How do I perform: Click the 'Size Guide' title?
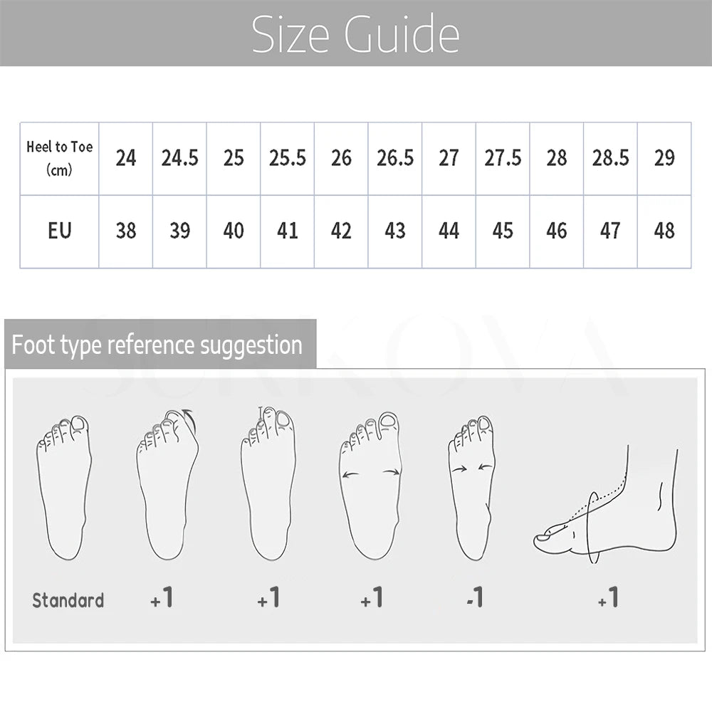pyautogui.click(x=355, y=34)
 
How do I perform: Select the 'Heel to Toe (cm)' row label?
pyautogui.click(x=60, y=158)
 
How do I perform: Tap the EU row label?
pyautogui.click(x=60, y=230)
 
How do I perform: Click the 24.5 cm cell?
pyautogui.click(x=180, y=158)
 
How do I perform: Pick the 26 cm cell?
pyautogui.click(x=341, y=158)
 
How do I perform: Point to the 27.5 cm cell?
pyautogui.click(x=503, y=158)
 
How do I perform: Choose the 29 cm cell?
pyautogui.click(x=664, y=158)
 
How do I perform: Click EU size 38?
pyautogui.click(x=126, y=230)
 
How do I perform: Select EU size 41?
pyautogui.click(x=288, y=230)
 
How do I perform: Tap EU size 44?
pyautogui.click(x=449, y=230)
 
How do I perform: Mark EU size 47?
pyautogui.click(x=610, y=230)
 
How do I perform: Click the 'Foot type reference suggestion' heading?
pyautogui.click(x=157, y=345)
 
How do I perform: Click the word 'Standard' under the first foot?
pyautogui.click(x=68, y=600)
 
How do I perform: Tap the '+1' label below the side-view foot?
pyautogui.click(x=608, y=597)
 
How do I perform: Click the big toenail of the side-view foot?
pyautogui.click(x=543, y=538)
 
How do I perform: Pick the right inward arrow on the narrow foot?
pyautogui.click(x=486, y=467)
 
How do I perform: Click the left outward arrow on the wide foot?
pyautogui.click(x=350, y=475)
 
